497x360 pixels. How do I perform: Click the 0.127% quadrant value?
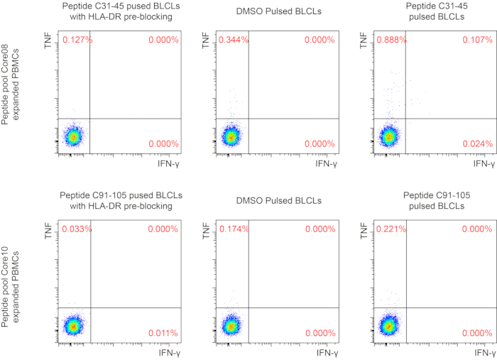point(76,40)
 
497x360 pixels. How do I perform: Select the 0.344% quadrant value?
point(233,40)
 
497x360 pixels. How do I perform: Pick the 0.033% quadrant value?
point(76,229)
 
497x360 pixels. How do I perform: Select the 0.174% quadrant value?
point(233,229)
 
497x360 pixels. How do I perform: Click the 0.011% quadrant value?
point(163,333)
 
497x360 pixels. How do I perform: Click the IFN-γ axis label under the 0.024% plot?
point(483,164)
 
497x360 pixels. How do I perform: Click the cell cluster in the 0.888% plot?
point(388,136)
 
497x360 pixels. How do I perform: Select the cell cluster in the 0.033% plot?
point(73,326)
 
